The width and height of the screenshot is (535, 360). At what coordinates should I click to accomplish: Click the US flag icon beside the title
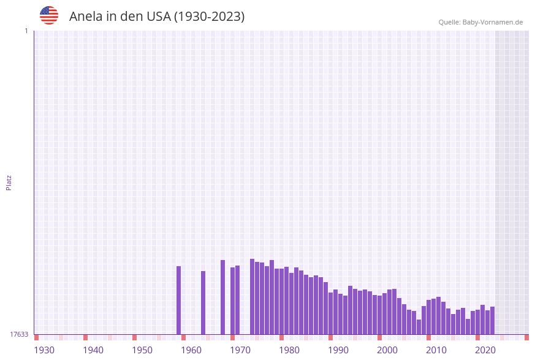point(49,15)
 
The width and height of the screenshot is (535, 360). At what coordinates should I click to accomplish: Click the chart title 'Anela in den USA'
point(156,17)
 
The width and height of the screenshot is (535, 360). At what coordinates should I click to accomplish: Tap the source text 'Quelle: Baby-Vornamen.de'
point(480,22)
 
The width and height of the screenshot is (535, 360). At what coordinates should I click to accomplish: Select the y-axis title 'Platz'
point(9,182)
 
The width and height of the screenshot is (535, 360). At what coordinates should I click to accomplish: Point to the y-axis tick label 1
point(26,31)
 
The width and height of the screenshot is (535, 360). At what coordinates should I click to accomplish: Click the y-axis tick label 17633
point(19,334)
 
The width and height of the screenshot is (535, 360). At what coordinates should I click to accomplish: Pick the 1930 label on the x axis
point(44,350)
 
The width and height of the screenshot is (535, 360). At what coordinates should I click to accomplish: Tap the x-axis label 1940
point(93,350)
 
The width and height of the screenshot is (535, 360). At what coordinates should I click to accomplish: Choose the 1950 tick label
point(142,350)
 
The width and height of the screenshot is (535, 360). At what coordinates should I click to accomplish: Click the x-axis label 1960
point(191,350)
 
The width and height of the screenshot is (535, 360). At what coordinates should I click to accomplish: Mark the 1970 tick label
point(240,350)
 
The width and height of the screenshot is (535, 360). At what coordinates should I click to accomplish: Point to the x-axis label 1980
point(289,350)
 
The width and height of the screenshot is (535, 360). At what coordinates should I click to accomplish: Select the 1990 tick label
point(338,350)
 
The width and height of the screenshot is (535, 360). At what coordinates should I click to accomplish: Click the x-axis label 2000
point(387,350)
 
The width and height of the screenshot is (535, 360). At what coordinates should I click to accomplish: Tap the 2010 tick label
point(436,350)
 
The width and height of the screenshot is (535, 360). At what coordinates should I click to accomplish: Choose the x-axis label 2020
point(485,350)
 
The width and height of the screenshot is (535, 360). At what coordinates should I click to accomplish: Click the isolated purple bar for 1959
point(179,301)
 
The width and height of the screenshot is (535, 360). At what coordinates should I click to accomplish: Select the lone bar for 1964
point(203,303)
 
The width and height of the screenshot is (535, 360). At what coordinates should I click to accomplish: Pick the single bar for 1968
point(223,297)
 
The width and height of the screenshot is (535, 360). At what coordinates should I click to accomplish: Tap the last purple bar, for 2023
point(493,320)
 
